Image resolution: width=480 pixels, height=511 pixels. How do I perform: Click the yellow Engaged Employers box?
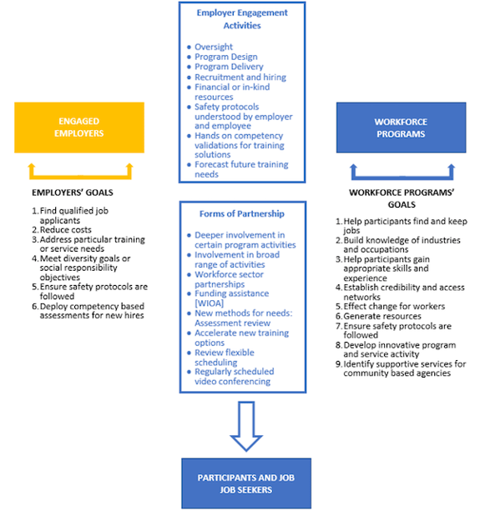pos(79,128)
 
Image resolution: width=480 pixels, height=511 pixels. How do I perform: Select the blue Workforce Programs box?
pos(401,128)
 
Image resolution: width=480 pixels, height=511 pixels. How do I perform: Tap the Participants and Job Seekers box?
pos(246,483)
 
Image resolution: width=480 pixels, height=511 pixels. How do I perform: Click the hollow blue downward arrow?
pos(246,426)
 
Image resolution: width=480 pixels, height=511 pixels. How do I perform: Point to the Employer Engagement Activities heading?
pos(242,19)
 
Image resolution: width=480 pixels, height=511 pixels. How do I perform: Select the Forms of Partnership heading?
pos(242,213)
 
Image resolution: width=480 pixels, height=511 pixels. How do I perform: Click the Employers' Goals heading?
pos(73,193)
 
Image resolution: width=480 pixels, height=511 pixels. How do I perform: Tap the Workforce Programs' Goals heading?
pos(402,198)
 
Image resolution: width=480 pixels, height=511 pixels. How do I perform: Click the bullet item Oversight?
pos(214,47)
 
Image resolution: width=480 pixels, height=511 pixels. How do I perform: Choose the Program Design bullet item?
pos(225,57)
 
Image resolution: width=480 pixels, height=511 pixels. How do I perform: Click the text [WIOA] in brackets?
pos(209,303)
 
